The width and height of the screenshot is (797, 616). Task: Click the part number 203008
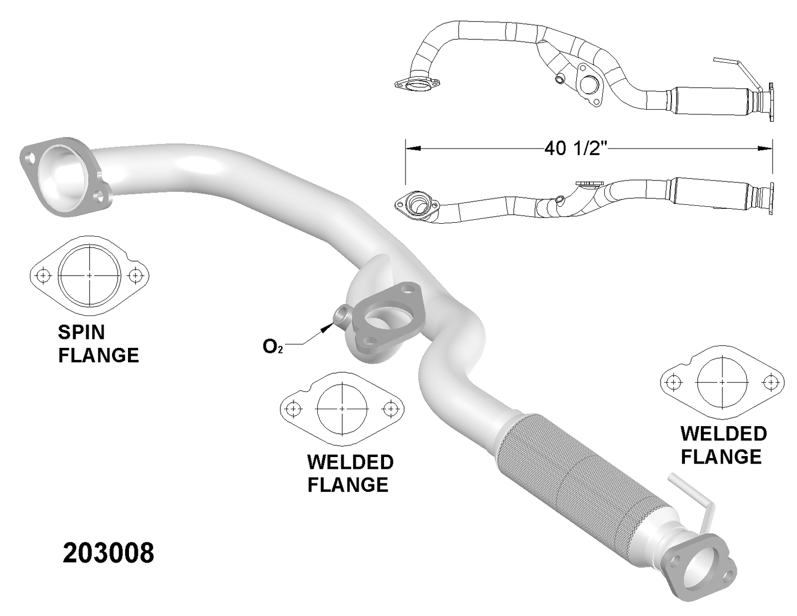tap(108, 553)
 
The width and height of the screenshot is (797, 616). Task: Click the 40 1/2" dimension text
tap(576, 148)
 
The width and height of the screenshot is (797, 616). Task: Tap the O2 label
tap(272, 346)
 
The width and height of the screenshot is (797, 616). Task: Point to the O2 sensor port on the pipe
tap(342, 316)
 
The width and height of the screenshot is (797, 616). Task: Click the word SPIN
tap(81, 332)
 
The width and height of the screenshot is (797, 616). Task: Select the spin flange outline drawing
tap(90, 275)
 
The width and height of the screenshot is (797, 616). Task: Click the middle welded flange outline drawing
tap(342, 409)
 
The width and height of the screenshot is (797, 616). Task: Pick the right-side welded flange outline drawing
tap(722, 382)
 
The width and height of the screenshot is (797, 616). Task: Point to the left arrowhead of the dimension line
tap(413, 148)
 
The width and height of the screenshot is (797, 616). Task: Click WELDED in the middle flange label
tap(350, 462)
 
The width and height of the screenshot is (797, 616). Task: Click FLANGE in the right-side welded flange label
tap(721, 457)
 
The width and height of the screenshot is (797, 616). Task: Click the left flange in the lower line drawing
tap(416, 204)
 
